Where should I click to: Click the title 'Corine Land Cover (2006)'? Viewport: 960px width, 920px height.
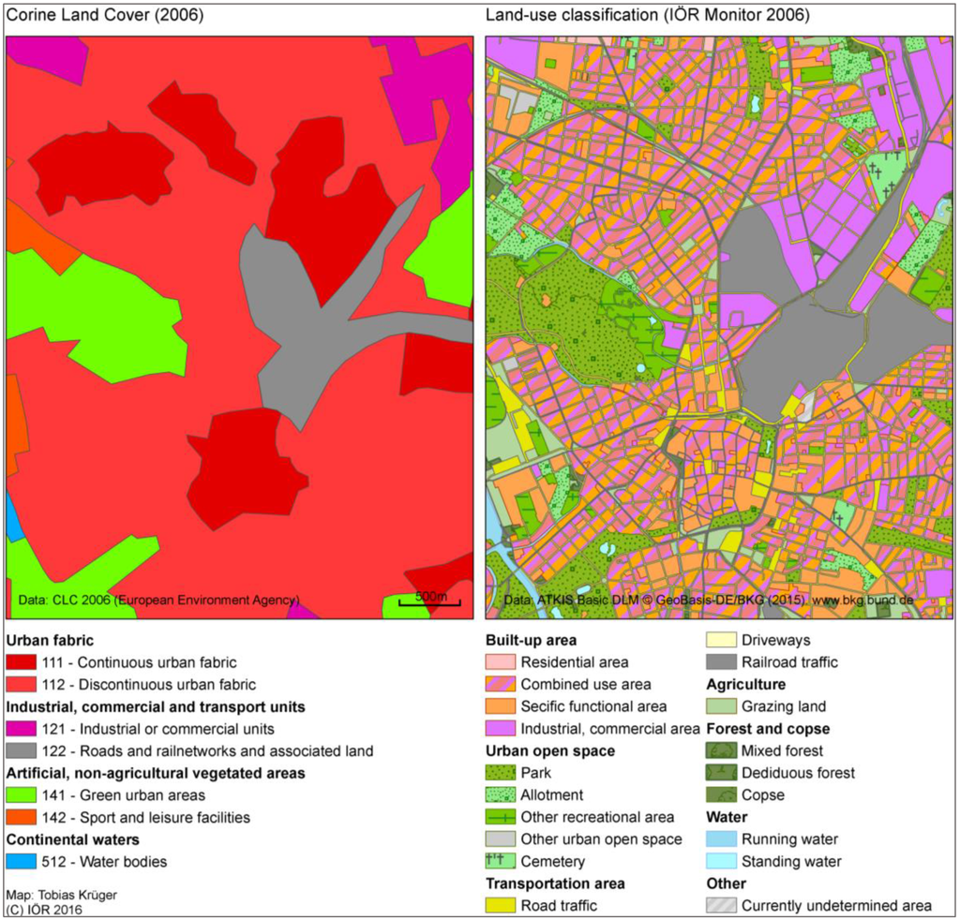pos(105,16)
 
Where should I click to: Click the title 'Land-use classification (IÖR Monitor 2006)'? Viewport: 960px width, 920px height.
pos(648,16)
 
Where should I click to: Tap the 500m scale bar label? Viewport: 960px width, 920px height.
pos(431,596)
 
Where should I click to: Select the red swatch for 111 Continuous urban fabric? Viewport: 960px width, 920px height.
pos(22,662)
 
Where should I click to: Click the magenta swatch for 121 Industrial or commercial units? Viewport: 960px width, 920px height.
pos(22,729)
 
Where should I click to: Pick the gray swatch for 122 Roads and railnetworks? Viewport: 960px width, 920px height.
pos(22,750)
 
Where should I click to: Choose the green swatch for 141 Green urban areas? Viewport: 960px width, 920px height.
pos(22,795)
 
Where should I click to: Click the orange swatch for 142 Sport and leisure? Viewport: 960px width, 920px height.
pos(22,817)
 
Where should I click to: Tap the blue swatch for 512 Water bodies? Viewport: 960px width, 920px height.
pos(22,861)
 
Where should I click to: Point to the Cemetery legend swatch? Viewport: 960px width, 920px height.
pos(501,861)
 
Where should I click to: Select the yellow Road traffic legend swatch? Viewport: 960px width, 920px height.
pos(501,905)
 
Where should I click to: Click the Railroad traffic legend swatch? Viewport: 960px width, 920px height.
pos(721,662)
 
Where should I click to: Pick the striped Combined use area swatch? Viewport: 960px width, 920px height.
pos(501,684)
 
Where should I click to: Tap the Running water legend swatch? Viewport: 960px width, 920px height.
pos(721,839)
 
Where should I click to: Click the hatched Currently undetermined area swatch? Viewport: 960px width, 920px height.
pos(721,905)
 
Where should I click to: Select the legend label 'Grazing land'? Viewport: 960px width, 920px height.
pos(784,706)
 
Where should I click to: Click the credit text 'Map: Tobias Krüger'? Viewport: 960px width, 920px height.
pos(61,895)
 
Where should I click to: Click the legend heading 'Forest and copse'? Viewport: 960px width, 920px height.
pos(768,729)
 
